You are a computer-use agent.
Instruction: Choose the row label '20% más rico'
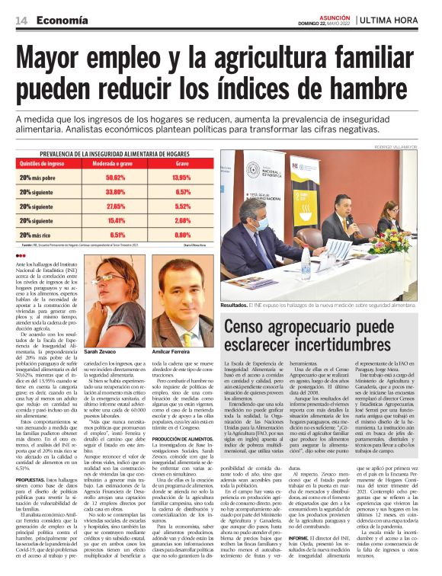[x=37, y=235]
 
